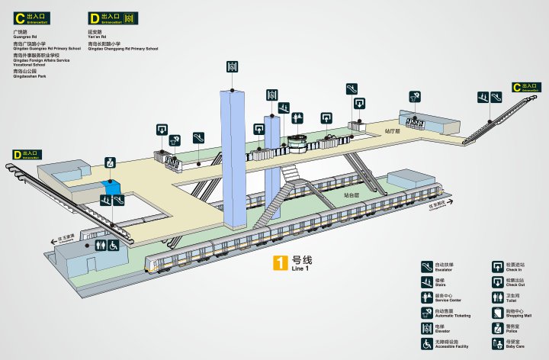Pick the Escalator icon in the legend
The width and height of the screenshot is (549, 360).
tap(427, 266)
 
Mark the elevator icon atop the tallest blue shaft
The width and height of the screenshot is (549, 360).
tap(232, 67)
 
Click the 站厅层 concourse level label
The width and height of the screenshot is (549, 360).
tap(393, 131)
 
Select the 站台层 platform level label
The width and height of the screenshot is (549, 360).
tap(351, 196)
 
